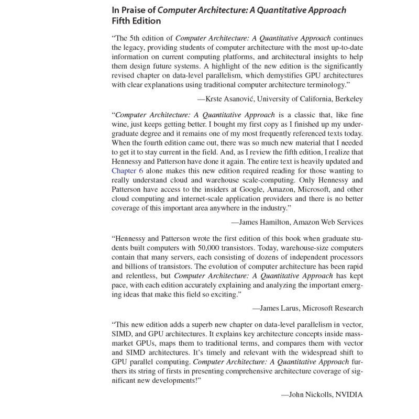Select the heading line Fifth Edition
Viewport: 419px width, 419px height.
click(136, 21)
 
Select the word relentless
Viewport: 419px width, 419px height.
click(145, 276)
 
